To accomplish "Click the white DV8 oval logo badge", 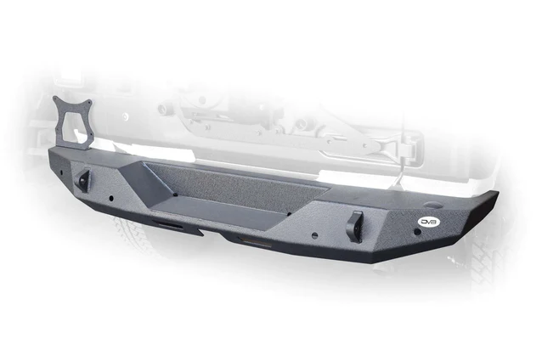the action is pos(429,222).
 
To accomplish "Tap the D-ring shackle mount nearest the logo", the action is pos(354,226).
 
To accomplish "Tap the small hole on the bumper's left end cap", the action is pos(61,172).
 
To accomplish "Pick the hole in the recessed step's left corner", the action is pos(176,195).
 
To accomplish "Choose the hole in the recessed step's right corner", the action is pos(290,214).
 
